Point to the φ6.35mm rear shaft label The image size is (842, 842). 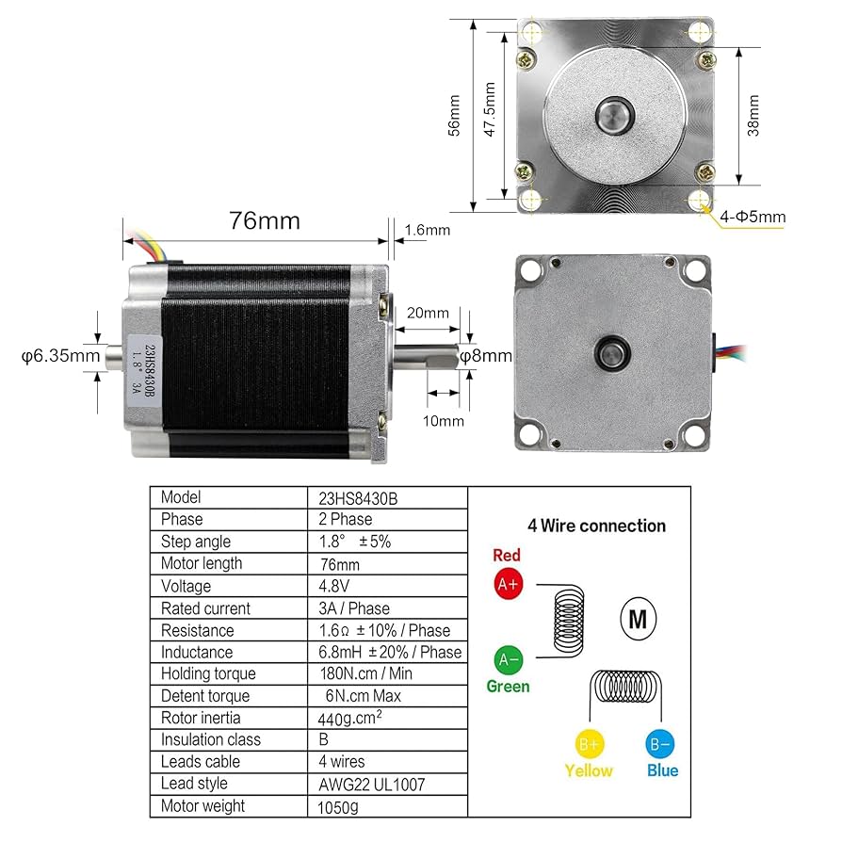tap(60, 356)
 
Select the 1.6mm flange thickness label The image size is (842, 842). tap(428, 230)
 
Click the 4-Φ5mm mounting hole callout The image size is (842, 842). tap(752, 218)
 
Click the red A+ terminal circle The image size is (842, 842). tap(508, 584)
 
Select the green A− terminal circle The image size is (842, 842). tap(508, 658)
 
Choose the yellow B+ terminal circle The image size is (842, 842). tap(589, 745)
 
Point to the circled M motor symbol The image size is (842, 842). tap(638, 619)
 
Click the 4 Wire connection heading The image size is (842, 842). tap(596, 526)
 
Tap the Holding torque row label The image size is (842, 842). tap(207, 673)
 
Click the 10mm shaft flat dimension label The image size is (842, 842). tap(444, 421)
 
